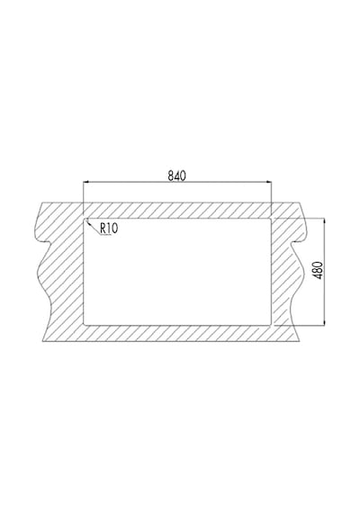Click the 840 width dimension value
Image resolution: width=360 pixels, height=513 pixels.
[x=176, y=175]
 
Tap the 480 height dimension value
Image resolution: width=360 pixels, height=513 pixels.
[x=319, y=270]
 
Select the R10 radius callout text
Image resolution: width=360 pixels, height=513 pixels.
[x=109, y=228]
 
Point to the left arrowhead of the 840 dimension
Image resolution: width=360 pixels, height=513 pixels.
[x=86, y=181]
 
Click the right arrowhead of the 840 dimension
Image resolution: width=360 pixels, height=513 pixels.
[x=268, y=181]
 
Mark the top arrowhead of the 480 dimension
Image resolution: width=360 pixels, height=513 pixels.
[x=324, y=221]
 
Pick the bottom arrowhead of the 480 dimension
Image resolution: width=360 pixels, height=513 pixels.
[x=324, y=322]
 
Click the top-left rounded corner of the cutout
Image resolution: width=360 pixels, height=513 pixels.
[x=85, y=220]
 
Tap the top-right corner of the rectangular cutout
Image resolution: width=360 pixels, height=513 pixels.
[x=270, y=220]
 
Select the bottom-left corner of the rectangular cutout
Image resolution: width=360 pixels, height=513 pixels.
[x=85, y=325]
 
